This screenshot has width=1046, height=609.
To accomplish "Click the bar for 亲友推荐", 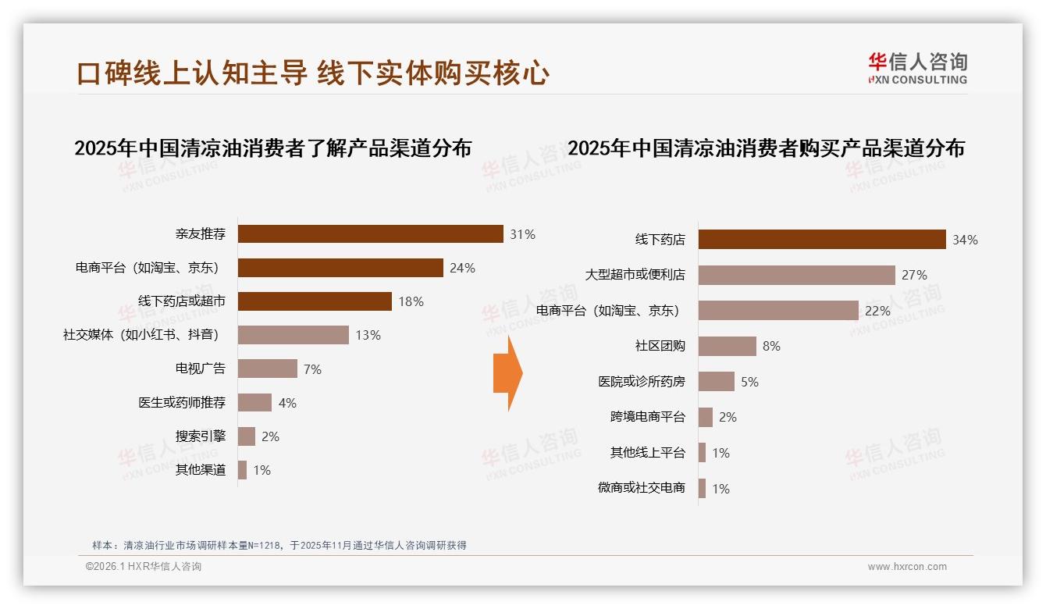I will pos(370,234).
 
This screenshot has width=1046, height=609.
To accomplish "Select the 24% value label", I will pos(462,268).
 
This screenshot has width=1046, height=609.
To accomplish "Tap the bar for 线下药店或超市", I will pos(315,301).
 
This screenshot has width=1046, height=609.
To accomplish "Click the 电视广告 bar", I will pos(267,369).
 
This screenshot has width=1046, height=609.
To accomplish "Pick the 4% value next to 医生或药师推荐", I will pos(287,403).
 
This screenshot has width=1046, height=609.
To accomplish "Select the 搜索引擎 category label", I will pos(201,436).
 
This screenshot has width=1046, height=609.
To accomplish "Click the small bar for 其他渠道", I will pos(242,470).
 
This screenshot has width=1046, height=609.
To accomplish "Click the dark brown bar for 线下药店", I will pos(821,240).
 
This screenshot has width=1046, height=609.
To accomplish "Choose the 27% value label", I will pos(914,275).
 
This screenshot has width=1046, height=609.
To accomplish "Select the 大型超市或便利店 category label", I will pos(635,275).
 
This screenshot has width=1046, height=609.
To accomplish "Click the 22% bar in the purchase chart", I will pos(777,311).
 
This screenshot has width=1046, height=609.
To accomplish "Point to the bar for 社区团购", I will pos(727,346).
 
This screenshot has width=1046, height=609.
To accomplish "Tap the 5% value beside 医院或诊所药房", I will pos(749,382).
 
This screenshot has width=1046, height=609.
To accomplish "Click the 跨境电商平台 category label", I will pos(647,417).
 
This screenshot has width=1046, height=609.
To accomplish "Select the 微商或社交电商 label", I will pos(641,488).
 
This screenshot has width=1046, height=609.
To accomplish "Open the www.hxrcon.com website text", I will pos(907,567).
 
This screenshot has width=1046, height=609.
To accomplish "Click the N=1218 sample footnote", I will pos(279,545).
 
